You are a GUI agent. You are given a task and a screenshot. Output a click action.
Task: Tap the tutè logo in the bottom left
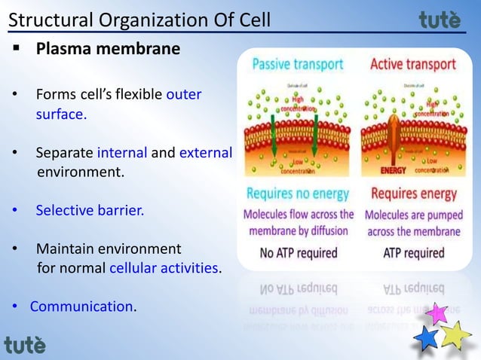click(25, 345)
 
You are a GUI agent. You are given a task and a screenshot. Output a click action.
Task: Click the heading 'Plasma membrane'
click(108, 50)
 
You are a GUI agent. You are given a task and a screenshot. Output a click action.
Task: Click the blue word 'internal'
click(123, 154)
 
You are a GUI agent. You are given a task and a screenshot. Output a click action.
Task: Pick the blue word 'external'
click(205, 154)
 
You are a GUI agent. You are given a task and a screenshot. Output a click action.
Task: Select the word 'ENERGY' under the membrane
click(394, 169)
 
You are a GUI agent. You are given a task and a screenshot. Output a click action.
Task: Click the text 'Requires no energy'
click(297, 194)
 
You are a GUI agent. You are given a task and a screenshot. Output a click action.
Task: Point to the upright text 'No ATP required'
click(299, 253)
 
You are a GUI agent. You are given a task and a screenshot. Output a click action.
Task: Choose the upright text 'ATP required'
click(413, 253)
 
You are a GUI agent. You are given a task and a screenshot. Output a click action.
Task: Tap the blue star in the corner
click(427, 337)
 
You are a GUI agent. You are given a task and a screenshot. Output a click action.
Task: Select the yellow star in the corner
click(455, 334)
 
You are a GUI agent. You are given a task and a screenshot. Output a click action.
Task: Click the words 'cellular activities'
click(165, 267)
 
